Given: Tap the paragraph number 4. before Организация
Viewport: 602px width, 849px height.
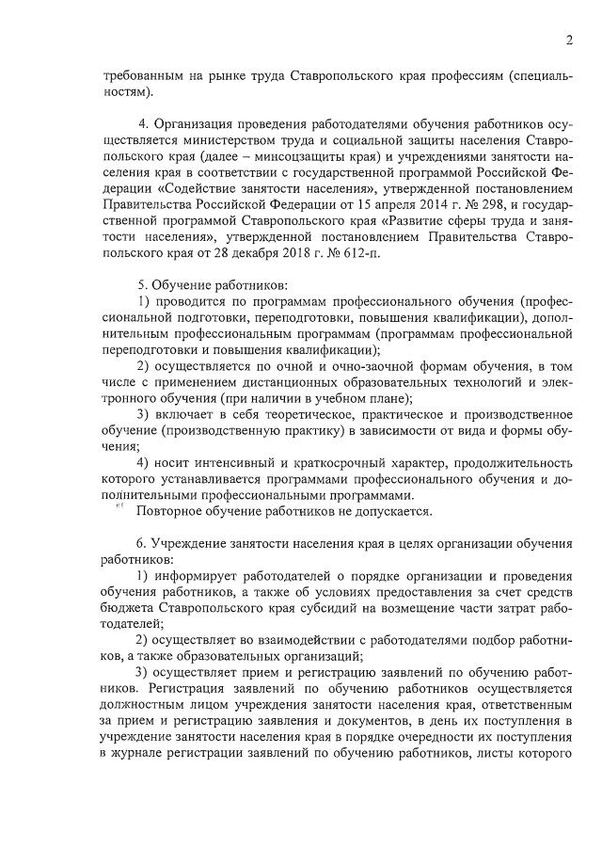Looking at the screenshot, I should point(144,129).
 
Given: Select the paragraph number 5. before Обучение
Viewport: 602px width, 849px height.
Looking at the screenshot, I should point(144,283).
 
